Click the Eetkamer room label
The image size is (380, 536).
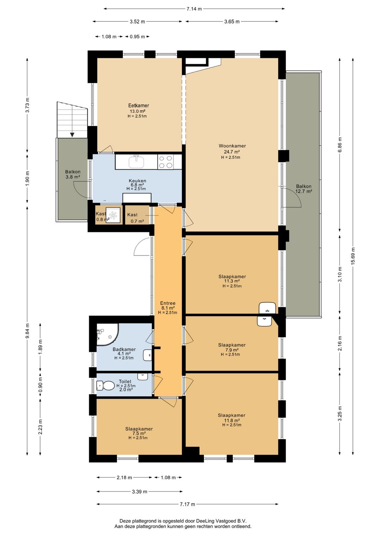pos(139,105)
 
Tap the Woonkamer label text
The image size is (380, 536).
pos(232,146)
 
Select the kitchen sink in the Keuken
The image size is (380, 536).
pos(137,161)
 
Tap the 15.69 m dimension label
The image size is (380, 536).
pos(353,256)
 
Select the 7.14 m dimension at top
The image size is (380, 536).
pos(194,9)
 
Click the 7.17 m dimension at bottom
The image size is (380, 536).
pos(188,504)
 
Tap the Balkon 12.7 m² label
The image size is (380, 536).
pos(304,189)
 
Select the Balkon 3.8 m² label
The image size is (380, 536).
pos(73,175)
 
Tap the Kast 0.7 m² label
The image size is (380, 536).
pos(136,218)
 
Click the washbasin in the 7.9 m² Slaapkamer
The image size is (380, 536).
pos(264,321)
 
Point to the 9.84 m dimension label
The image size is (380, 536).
pos(28,331)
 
